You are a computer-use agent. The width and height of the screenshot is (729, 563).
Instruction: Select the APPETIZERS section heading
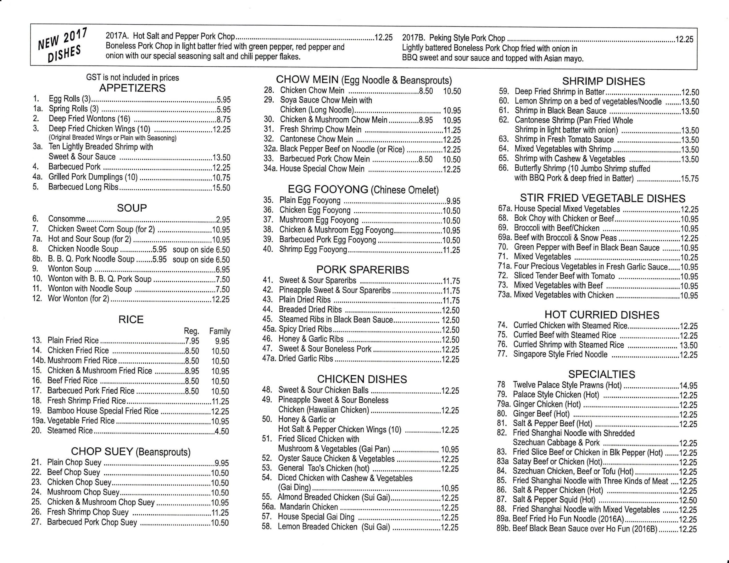click(132, 88)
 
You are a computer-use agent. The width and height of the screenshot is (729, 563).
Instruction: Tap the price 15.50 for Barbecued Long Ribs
click(221, 188)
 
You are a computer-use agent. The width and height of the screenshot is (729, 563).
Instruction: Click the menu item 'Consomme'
click(67, 219)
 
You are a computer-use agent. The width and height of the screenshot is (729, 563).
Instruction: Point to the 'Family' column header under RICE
click(220, 331)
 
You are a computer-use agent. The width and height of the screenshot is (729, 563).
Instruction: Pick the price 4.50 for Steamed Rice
click(222, 431)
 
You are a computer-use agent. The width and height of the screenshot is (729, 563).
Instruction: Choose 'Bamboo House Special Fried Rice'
click(103, 411)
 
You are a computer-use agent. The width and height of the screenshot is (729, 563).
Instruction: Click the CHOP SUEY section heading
click(130, 451)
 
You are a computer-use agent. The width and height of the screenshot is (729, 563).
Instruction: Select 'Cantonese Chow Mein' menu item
click(316, 139)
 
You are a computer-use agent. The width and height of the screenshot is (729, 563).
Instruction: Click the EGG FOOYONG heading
click(363, 190)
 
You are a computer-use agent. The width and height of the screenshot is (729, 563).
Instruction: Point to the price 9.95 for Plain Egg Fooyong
click(453, 201)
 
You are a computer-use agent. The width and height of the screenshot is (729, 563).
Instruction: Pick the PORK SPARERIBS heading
click(363, 270)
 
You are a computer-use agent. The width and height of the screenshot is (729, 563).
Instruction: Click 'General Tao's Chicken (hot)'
click(323, 468)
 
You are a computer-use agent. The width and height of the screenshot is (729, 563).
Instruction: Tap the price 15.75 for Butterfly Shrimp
click(689, 179)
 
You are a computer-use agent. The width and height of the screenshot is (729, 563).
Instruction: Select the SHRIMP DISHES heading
click(603, 81)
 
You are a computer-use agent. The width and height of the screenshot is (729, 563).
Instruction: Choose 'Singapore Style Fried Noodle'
click(560, 354)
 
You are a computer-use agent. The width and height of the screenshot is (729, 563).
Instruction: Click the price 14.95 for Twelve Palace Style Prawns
click(688, 386)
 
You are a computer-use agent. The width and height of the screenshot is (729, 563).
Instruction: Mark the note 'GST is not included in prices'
click(132, 78)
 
